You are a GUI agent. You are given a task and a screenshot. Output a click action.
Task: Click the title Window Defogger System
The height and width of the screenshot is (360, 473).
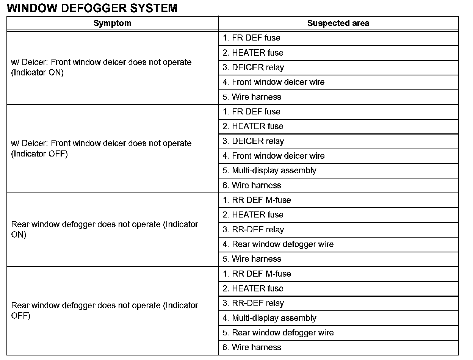pyautogui.click(x=92, y=8)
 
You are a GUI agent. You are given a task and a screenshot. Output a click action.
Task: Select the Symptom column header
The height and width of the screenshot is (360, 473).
pyautogui.click(x=112, y=23)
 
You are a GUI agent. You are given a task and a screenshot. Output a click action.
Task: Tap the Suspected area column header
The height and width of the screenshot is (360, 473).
pyautogui.click(x=338, y=23)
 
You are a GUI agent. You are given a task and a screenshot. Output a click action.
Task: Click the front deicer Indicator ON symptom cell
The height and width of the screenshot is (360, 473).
pyautogui.click(x=101, y=67)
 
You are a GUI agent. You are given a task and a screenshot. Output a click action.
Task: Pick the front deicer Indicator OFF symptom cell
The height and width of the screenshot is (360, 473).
pyautogui.click(x=101, y=149)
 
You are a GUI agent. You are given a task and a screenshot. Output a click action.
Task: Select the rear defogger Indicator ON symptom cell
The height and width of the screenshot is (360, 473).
pyautogui.click(x=105, y=230)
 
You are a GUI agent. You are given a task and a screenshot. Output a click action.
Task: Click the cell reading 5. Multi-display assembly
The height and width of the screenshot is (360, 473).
pyautogui.click(x=269, y=171)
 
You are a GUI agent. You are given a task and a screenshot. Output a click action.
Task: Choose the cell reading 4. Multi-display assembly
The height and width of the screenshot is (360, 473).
pyautogui.click(x=269, y=318)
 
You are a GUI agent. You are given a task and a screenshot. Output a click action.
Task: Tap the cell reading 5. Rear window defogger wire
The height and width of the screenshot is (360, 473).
pyautogui.click(x=278, y=333)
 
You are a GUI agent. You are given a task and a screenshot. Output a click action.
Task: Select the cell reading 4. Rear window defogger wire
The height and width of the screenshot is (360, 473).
pyautogui.click(x=278, y=244)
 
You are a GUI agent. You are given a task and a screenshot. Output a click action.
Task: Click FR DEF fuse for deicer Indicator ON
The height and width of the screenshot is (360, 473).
pyautogui.click(x=251, y=38)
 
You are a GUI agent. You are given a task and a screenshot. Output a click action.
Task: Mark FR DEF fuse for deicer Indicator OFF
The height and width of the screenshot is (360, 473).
pyautogui.click(x=251, y=112)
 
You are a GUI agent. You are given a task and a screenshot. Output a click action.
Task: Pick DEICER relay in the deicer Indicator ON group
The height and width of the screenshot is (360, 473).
pyautogui.click(x=253, y=67)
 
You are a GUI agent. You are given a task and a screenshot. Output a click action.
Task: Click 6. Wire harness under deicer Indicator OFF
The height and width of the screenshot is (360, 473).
pyautogui.click(x=252, y=185)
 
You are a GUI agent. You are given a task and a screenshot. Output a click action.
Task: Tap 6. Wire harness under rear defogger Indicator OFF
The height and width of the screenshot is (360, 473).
pyautogui.click(x=252, y=347)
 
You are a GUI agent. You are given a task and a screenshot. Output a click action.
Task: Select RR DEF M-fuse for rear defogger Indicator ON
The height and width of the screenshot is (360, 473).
pyautogui.click(x=257, y=200)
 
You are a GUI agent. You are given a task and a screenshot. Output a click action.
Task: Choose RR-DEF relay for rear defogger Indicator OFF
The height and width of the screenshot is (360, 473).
pyautogui.click(x=253, y=303)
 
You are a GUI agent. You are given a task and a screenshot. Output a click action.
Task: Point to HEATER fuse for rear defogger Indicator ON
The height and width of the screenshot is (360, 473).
pyautogui.click(x=253, y=215)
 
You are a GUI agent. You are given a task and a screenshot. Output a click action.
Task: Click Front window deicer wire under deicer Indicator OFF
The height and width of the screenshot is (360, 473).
pyautogui.click(x=273, y=156)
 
